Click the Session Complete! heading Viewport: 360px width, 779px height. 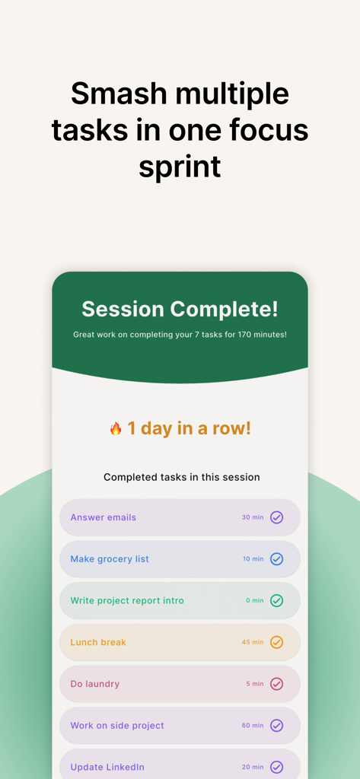click(x=180, y=310)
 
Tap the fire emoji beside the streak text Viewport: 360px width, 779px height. click(x=116, y=429)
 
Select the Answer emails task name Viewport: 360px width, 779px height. click(x=104, y=517)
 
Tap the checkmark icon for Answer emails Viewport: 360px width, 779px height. click(x=277, y=517)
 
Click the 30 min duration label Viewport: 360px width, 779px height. click(x=253, y=517)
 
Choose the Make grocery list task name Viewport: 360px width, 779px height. click(x=110, y=559)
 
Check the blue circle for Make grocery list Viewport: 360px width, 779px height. click(x=277, y=559)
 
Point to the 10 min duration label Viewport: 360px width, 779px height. click(x=253, y=559)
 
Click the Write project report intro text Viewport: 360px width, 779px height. click(x=127, y=601)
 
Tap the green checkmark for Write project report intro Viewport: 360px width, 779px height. click(x=277, y=601)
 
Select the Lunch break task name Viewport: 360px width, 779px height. click(x=98, y=642)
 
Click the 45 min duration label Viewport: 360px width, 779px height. click(x=253, y=642)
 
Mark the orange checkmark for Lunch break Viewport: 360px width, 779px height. click(x=277, y=642)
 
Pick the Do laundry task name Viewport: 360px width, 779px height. click(x=95, y=684)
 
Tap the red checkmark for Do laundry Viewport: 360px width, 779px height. click(x=277, y=684)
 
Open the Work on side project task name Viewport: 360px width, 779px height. click(x=117, y=726)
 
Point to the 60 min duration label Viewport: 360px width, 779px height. click(x=253, y=726)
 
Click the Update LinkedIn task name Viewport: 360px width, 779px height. click(x=107, y=768)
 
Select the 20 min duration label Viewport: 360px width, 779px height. click(x=253, y=768)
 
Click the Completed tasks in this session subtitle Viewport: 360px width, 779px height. click(x=182, y=478)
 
